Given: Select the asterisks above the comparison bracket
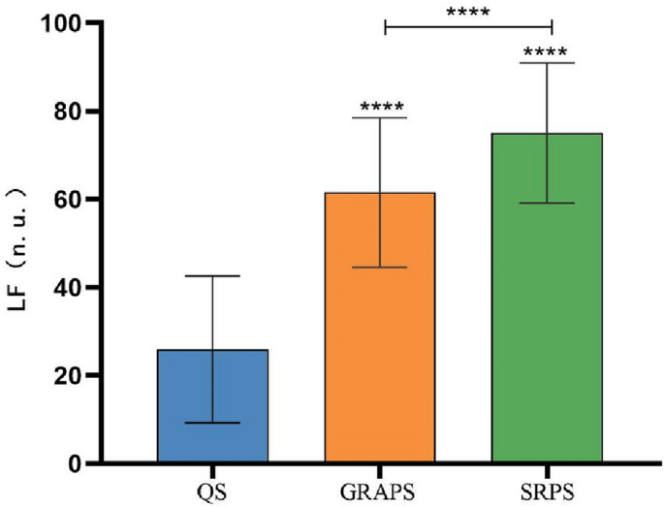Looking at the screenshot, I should point(467,14).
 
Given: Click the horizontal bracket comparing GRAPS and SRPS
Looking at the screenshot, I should point(467,27).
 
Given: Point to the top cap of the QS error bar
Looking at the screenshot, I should point(212,276).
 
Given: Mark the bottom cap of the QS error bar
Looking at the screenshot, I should point(212,423).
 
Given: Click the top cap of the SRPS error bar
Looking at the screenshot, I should point(547,63).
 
